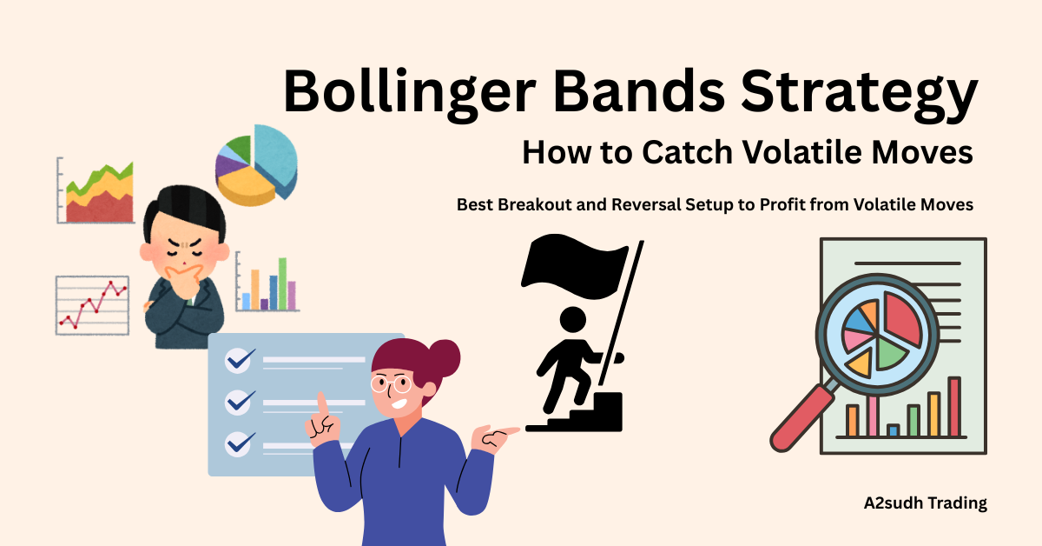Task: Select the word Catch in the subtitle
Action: [686, 154]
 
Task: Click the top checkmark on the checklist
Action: [237, 359]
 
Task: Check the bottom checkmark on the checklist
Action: [237, 443]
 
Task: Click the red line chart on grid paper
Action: [92, 304]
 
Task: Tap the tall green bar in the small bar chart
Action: [282, 283]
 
